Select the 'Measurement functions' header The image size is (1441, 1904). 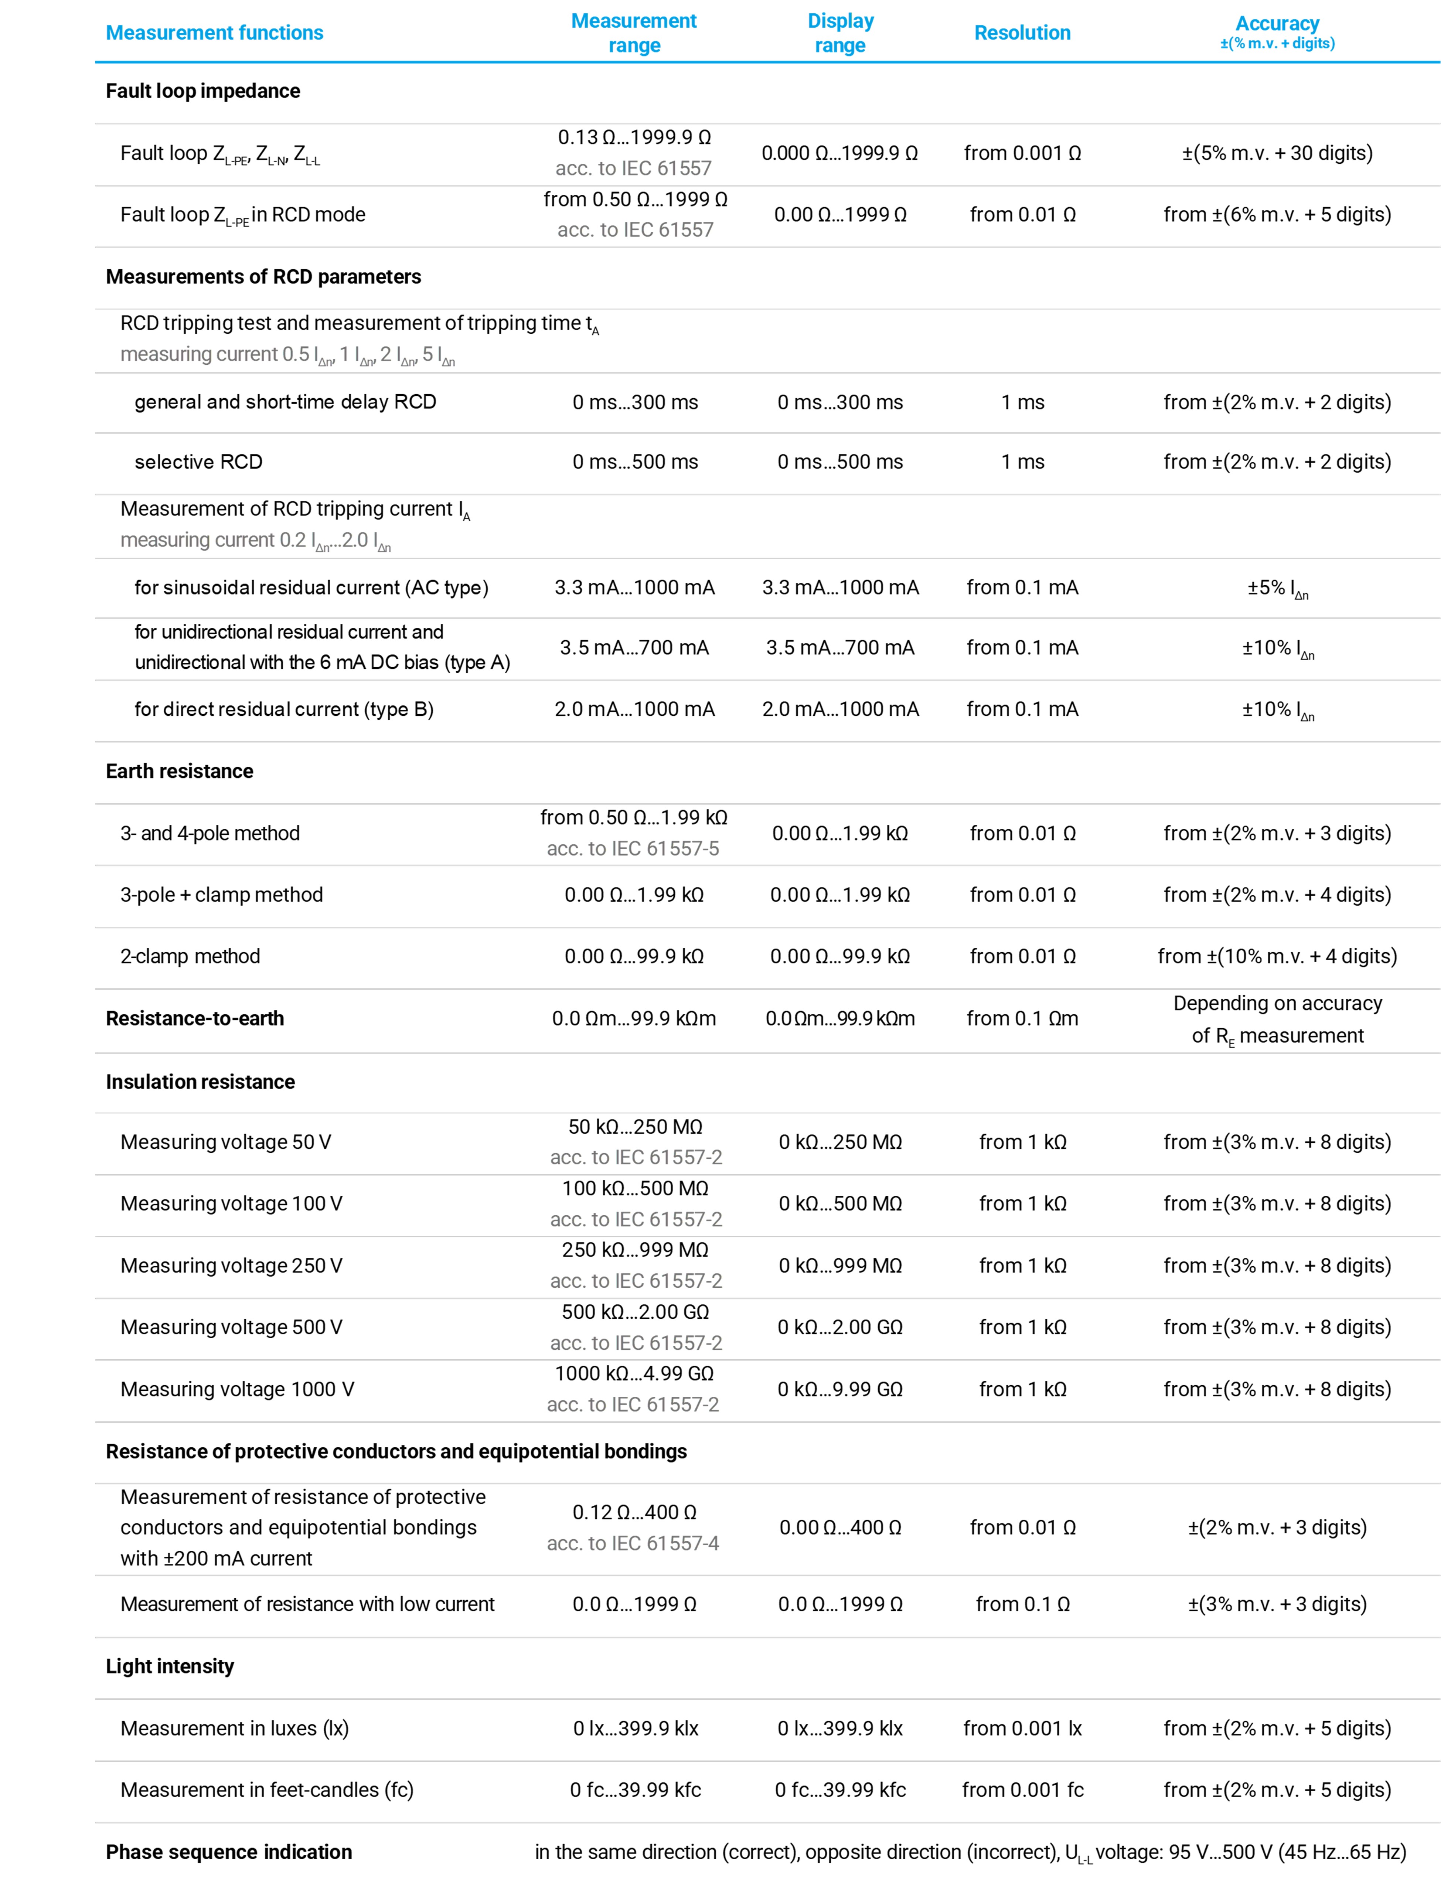214,33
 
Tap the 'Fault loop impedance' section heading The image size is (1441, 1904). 203,91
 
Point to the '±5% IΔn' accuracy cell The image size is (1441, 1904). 1277,589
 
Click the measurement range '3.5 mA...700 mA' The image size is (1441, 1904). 634,648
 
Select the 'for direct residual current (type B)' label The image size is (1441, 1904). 284,709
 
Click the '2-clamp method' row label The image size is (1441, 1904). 190,956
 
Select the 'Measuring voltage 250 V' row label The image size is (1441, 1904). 232,1266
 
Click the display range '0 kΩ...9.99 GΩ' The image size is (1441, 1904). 840,1389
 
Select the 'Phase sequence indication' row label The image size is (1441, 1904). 229,1852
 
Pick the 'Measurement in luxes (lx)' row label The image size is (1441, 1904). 234,1728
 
